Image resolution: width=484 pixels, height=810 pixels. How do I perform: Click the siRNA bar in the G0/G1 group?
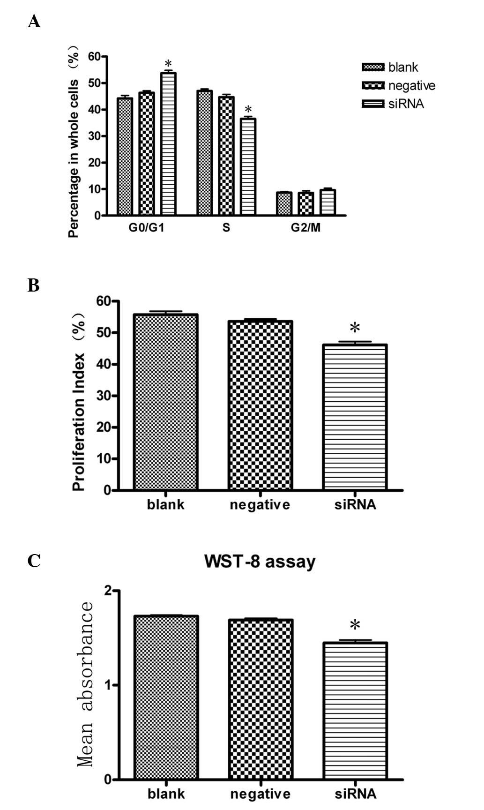point(168,144)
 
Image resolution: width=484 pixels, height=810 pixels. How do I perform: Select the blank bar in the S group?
point(204,153)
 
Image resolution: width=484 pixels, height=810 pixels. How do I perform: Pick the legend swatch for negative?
point(373,86)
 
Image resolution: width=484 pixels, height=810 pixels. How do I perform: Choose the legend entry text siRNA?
point(406,104)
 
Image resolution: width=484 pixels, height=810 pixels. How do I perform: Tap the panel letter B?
point(33,285)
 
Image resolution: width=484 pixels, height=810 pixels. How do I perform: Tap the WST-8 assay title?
point(260,562)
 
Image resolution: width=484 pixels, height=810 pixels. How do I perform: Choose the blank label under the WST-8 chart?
point(166,794)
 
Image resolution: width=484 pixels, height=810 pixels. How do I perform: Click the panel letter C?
point(34,561)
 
